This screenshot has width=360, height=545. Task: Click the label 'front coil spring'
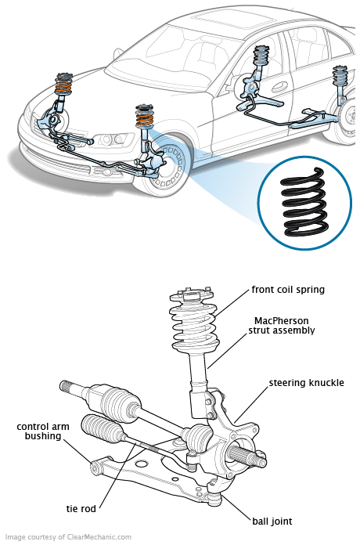coord(288,290)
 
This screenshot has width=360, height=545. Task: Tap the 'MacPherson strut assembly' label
coord(282,325)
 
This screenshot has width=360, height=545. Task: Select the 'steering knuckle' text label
coord(306,383)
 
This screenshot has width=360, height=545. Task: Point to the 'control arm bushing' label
coord(43,431)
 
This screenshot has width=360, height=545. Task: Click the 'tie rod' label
coord(81,508)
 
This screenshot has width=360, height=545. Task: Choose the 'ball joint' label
coord(272,522)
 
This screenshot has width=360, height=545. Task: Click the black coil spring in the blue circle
coord(304,202)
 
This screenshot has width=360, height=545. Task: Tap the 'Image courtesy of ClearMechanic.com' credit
coord(68,537)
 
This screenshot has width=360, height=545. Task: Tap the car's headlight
coord(110,139)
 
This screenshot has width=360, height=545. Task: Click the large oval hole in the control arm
coord(142,464)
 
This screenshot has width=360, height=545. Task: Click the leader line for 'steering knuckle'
coord(252,404)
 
